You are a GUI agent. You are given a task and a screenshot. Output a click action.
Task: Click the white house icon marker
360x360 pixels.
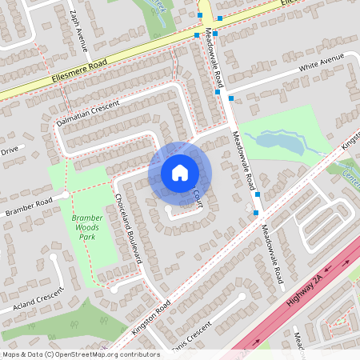pos(179,172)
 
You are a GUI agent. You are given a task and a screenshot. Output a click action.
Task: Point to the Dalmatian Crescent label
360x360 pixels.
pos(87,114)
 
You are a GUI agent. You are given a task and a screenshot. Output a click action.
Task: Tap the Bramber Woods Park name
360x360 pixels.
pos(86,228)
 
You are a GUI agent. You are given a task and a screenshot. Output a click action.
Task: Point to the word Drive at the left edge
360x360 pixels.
pos(9,150)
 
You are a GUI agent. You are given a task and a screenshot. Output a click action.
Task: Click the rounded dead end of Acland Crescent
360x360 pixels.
pos(54,258)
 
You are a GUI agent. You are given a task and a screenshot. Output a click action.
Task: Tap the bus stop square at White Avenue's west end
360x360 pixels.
pos(231,98)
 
